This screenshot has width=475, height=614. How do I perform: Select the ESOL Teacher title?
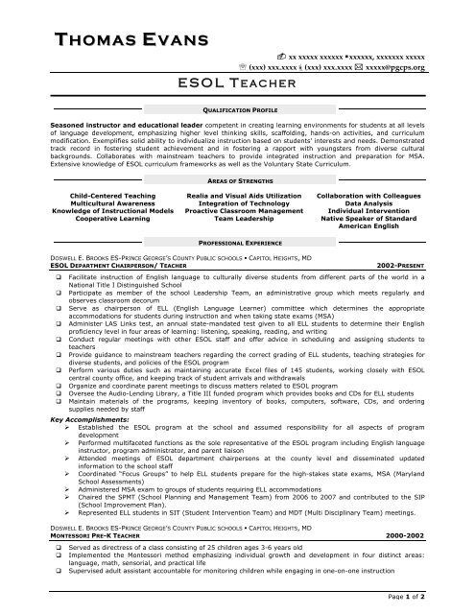click(x=237, y=85)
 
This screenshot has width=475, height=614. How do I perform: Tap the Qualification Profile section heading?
click(x=237, y=110)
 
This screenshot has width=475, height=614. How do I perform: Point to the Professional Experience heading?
click(x=237, y=244)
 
